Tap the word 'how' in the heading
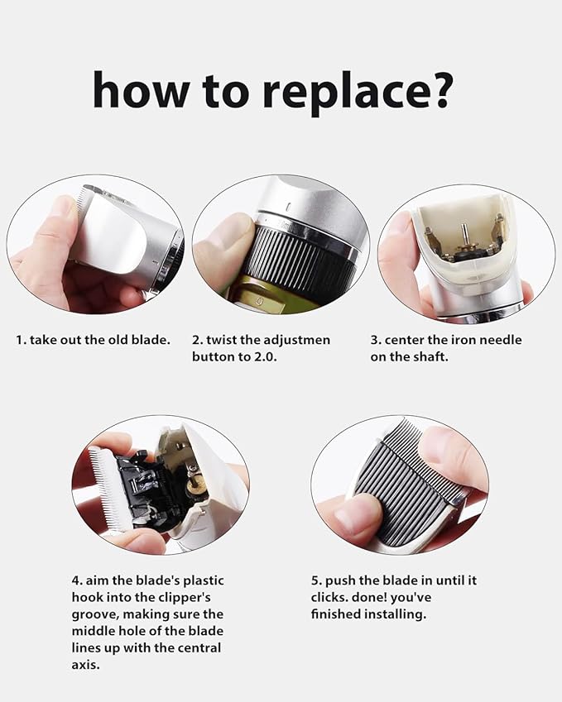tap(141, 89)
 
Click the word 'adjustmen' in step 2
tap(296, 340)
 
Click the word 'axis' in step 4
tap(84, 665)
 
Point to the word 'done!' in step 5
tap(370, 597)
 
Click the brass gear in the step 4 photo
tap(197, 485)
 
